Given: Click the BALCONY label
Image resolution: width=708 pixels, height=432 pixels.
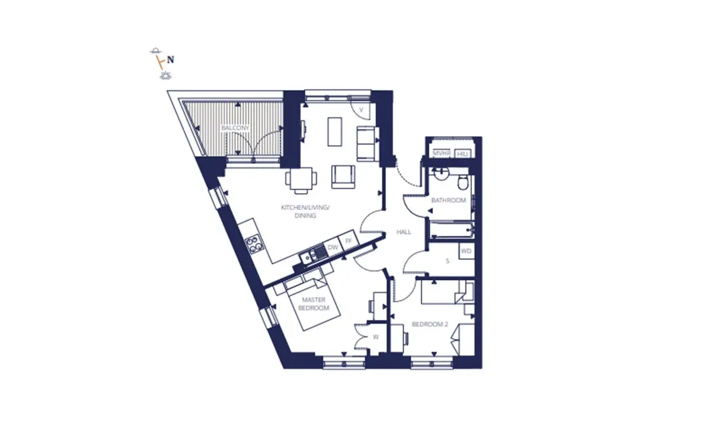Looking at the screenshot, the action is pyautogui.click(x=235, y=128).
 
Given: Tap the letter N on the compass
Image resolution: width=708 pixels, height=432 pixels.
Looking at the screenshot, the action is pyautogui.click(x=171, y=60).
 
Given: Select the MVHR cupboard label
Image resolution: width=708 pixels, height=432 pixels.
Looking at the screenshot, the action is pyautogui.click(x=441, y=153).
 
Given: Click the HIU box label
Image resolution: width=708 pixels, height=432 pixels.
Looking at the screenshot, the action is pyautogui.click(x=463, y=154).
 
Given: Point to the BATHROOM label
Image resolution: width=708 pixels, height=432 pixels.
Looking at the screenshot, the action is pyautogui.click(x=448, y=200).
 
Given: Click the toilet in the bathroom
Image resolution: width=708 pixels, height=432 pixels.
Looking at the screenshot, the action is pyautogui.click(x=463, y=183).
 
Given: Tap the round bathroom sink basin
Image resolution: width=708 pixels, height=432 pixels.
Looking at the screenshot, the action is pyautogui.click(x=441, y=174).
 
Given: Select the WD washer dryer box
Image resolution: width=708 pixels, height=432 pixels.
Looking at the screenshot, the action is pyautogui.click(x=467, y=251).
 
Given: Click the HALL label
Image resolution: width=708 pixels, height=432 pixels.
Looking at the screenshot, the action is pyautogui.click(x=404, y=232).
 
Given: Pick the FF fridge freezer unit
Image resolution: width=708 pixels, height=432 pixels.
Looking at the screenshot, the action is pyautogui.click(x=349, y=240).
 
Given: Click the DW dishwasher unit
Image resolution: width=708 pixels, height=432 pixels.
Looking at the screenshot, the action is pyautogui.click(x=333, y=248).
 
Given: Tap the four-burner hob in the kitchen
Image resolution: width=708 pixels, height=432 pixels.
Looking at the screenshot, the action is pyautogui.click(x=255, y=245).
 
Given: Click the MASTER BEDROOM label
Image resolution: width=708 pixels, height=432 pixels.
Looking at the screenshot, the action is pyautogui.click(x=313, y=304).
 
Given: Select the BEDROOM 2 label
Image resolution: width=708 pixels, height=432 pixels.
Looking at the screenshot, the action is pyautogui.click(x=430, y=324).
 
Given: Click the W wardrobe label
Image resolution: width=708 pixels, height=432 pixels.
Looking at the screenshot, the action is pyautogui.click(x=375, y=337).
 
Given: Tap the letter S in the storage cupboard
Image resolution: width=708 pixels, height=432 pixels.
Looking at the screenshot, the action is pyautogui.click(x=447, y=261).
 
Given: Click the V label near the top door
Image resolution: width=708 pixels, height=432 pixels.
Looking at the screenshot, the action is pyautogui.click(x=361, y=110).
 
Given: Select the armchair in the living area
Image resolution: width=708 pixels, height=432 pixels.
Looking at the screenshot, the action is pyautogui.click(x=343, y=177).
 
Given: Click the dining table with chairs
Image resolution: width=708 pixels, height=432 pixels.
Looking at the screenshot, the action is pyautogui.click(x=301, y=180).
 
